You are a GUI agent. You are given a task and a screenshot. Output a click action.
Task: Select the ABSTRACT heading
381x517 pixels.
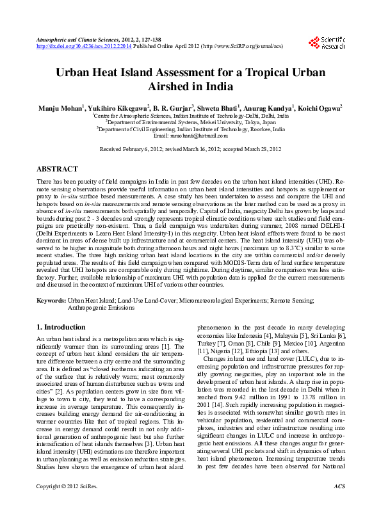coord(58,170)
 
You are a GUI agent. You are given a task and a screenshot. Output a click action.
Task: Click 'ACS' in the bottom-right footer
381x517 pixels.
coord(339,504)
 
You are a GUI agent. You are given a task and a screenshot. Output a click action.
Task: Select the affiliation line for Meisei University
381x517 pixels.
coord(190,122)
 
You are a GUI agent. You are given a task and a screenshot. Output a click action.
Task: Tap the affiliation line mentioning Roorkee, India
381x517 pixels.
coord(190,129)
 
